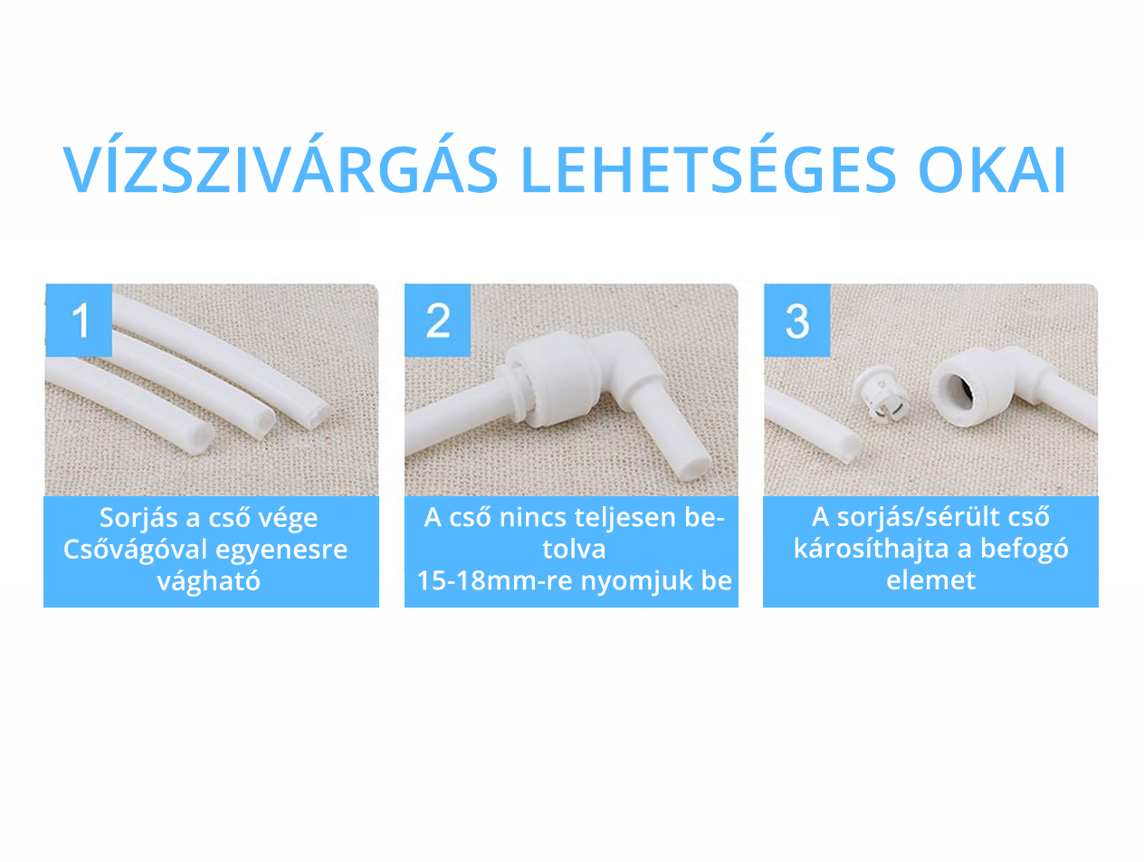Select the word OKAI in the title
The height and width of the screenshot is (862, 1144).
tap(992, 170)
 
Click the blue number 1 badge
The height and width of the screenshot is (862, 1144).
tap(79, 320)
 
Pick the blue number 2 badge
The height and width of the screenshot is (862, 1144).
tap(438, 320)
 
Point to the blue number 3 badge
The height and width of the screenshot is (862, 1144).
tap(797, 320)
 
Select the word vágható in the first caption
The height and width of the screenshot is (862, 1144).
tap(208, 580)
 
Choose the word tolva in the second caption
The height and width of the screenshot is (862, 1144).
tap(574, 550)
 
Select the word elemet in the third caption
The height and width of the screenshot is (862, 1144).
tap(930, 580)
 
